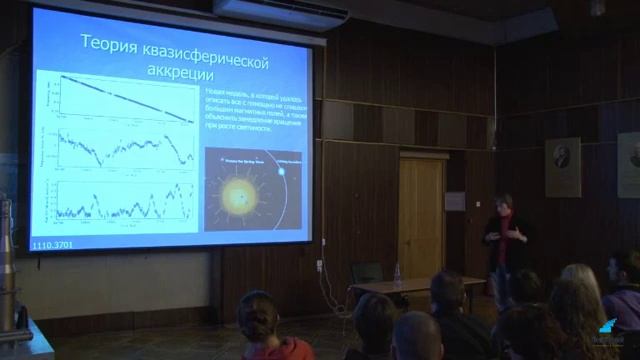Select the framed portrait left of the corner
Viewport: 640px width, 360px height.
click(562, 166)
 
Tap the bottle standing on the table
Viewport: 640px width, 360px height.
click(397, 274)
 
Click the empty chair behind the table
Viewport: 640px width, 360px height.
click(366, 273)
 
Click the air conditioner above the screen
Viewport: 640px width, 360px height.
click(281, 11)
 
